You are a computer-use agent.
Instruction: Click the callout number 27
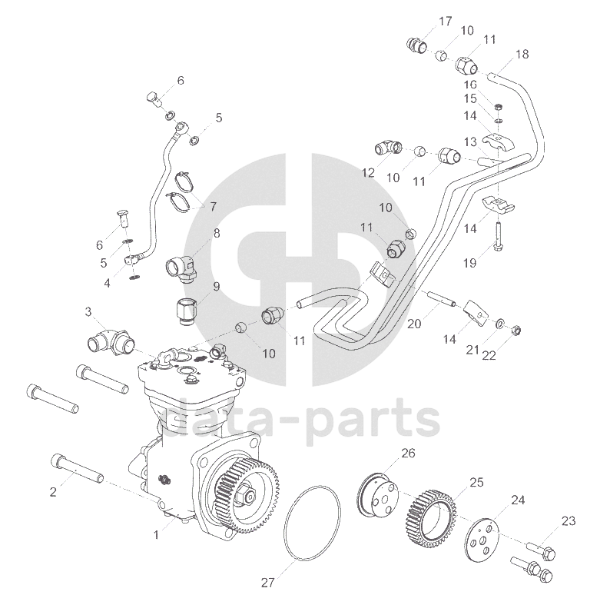point(267,583)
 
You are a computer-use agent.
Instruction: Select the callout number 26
point(408,454)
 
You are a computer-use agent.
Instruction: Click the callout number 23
point(568,521)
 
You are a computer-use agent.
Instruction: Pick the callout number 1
point(156,534)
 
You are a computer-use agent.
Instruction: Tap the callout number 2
point(53,492)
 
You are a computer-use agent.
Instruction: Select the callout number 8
point(217,233)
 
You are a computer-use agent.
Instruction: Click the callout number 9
point(216,287)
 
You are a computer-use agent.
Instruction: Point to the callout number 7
point(212,207)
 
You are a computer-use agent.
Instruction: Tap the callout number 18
point(522,55)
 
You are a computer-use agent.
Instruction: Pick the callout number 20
point(415,324)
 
